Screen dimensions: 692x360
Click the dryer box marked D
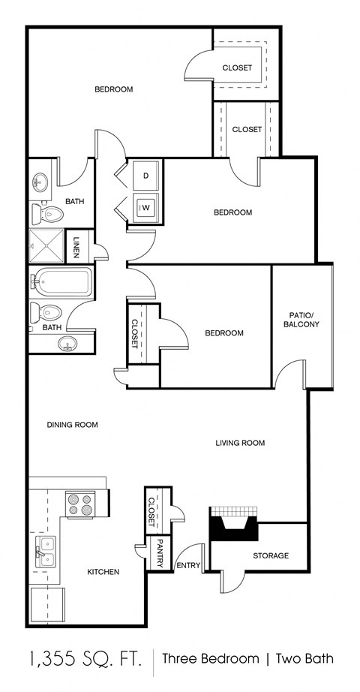click(145, 176)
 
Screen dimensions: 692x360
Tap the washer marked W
click(145, 207)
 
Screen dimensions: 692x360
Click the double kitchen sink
click(46, 552)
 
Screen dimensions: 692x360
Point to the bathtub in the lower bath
click(61, 283)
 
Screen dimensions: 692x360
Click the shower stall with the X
click(46, 243)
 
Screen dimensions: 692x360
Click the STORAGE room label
click(270, 555)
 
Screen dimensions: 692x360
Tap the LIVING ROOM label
click(240, 443)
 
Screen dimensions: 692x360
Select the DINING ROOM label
click(73, 425)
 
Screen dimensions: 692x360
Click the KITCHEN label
click(103, 572)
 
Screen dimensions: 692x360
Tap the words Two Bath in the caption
click(304, 660)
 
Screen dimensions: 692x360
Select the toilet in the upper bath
click(48, 215)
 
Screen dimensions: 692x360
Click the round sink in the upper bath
click(40, 182)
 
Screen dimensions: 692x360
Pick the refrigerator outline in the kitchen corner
click(46, 605)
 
